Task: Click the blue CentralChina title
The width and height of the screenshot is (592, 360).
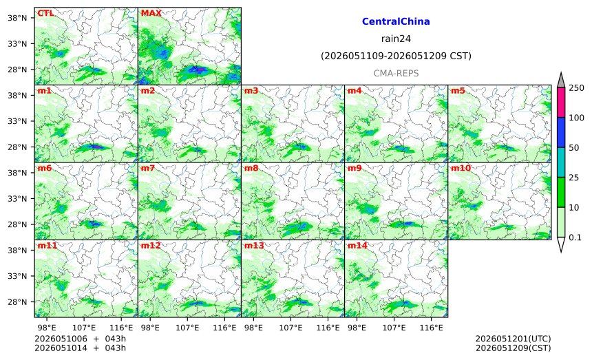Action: point(396,21)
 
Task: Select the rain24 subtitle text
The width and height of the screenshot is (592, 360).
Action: point(396,39)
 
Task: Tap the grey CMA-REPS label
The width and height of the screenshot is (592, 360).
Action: point(396,73)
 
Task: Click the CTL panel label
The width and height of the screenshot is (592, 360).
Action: point(45,13)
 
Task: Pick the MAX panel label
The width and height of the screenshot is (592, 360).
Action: point(151,13)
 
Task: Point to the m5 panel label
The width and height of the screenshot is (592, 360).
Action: point(458,91)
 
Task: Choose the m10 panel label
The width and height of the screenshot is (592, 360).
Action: point(461,168)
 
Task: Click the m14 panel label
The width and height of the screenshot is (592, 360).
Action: point(357,246)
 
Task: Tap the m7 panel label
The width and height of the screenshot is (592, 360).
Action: point(147,168)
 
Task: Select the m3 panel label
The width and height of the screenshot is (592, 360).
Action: point(251,91)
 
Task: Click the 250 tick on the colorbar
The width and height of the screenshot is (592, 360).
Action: point(577,88)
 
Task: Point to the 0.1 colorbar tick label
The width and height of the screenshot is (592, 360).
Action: point(575,237)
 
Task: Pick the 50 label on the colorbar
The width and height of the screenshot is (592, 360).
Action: point(574,147)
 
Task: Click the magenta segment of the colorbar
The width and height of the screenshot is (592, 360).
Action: point(561,103)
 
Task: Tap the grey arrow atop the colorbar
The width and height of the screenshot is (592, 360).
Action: point(561,80)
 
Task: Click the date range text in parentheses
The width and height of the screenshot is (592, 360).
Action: point(396,56)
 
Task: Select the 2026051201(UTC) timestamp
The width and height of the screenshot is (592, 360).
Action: point(513,339)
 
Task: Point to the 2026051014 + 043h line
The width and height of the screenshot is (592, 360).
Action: point(80,348)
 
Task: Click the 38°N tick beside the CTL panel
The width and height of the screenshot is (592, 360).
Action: point(17,18)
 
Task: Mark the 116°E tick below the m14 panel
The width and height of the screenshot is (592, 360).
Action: point(431,328)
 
